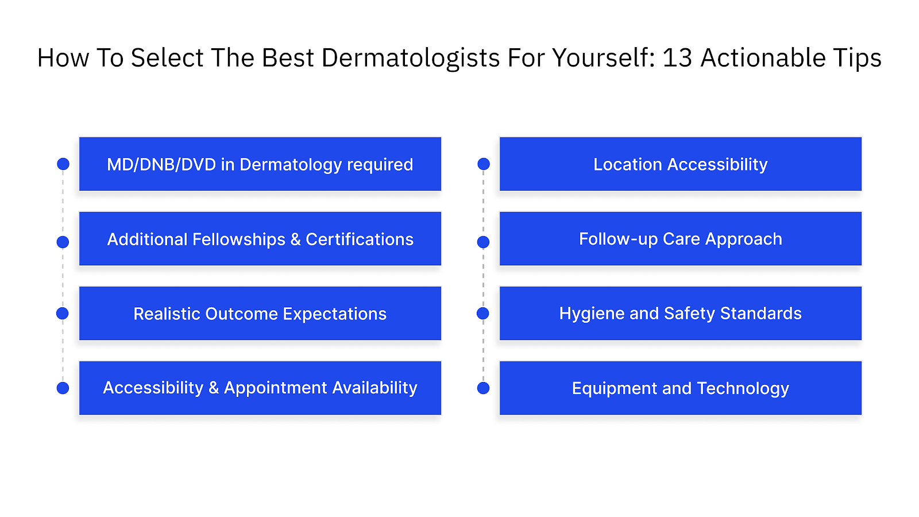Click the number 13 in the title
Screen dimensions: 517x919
click(677, 58)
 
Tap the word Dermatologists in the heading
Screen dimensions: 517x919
click(411, 59)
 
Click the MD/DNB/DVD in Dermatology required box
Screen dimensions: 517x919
click(260, 164)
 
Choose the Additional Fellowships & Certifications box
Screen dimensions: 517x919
click(260, 239)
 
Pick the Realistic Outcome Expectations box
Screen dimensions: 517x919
click(260, 314)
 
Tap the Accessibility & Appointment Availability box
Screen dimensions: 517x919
click(260, 388)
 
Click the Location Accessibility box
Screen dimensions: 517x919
click(681, 164)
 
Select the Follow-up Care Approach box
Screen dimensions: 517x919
click(681, 239)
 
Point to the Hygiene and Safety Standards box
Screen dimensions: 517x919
click(681, 314)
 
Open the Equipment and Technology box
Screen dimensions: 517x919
click(681, 388)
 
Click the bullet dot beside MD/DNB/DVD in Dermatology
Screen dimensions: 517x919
click(63, 164)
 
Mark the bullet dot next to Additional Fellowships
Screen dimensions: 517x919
click(63, 242)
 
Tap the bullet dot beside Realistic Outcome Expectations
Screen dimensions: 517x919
click(63, 313)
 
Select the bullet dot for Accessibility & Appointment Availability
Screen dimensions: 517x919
click(63, 388)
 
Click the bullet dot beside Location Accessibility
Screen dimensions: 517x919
click(484, 164)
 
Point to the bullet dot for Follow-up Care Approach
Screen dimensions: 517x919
click(484, 242)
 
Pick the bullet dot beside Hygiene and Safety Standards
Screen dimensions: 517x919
click(483, 313)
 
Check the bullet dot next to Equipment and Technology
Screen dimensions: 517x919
click(484, 388)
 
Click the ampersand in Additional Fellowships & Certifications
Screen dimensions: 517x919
click(295, 240)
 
